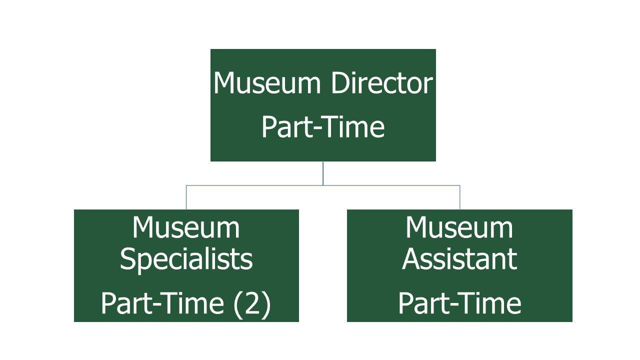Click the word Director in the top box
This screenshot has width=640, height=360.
381,83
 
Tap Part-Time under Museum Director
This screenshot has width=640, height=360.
323,127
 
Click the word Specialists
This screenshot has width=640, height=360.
186,259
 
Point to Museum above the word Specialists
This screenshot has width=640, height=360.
186,227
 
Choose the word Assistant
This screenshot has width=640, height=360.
459,259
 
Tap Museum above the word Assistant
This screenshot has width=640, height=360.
459,227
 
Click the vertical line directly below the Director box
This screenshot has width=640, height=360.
323,173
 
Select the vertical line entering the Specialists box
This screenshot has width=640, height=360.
186,197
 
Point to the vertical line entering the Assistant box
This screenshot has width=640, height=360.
459,197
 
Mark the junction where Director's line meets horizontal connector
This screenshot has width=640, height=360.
323,185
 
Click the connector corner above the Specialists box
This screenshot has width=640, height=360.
186,185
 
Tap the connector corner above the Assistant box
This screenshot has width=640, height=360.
459,185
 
